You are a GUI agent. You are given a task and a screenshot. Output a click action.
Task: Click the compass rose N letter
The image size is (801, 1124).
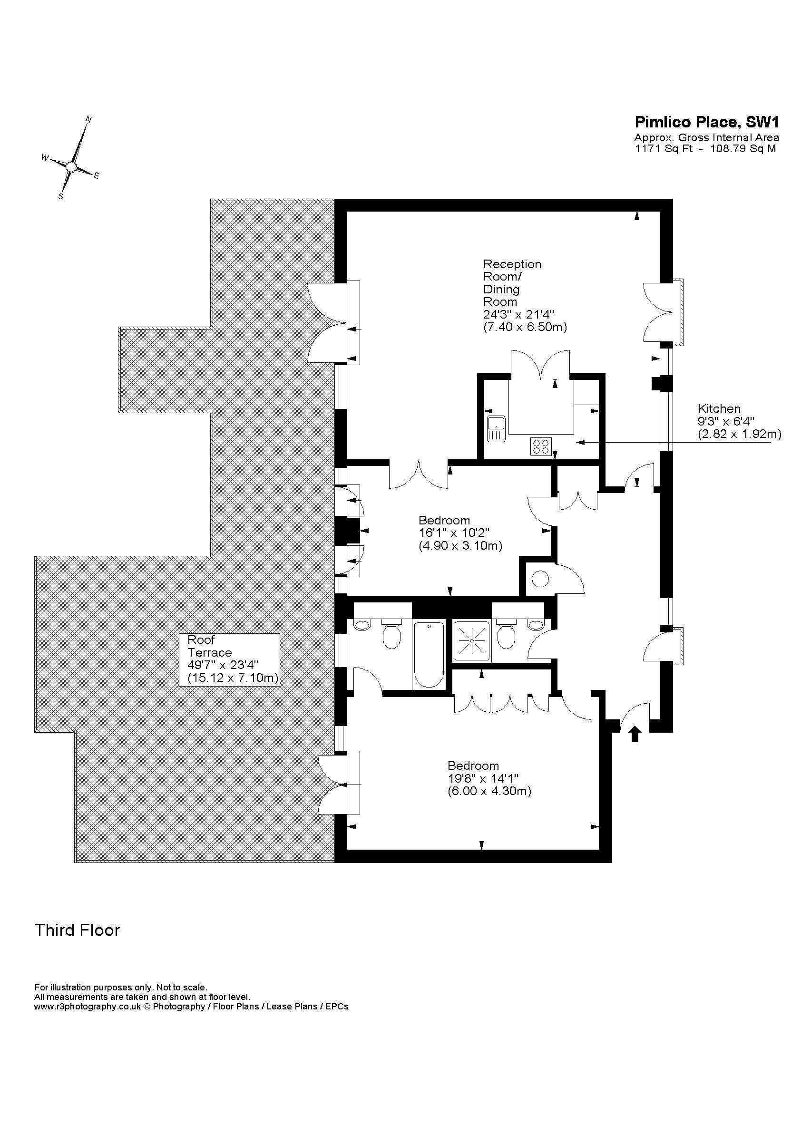tap(89, 119)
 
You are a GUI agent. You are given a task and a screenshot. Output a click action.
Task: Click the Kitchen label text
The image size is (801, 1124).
tap(719, 408)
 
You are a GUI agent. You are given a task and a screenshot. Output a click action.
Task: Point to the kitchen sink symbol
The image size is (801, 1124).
tap(495, 428)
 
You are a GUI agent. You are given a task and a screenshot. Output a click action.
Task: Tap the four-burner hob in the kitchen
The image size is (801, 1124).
tap(540, 446)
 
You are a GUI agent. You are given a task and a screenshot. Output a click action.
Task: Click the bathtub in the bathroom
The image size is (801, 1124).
tap(429, 654)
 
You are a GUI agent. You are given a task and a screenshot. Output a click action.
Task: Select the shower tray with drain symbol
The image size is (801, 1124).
tap(472, 641)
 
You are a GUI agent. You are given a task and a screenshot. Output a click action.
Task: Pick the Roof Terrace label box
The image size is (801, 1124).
tap(229, 659)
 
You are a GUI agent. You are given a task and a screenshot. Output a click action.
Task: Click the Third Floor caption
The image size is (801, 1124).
tap(77, 930)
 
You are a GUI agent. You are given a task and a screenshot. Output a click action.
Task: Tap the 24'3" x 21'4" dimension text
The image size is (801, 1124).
tap(519, 314)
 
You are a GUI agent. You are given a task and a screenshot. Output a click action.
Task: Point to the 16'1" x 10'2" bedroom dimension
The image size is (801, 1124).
tap(454, 533)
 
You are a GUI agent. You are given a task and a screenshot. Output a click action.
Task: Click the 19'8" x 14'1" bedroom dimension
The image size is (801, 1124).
tap(483, 778)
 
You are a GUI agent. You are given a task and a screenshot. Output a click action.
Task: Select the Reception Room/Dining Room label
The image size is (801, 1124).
tap(512, 282)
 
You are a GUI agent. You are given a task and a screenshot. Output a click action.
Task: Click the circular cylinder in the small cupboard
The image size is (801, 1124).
tap(540, 578)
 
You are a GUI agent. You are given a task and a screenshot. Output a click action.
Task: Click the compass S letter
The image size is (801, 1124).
tap(61, 196)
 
